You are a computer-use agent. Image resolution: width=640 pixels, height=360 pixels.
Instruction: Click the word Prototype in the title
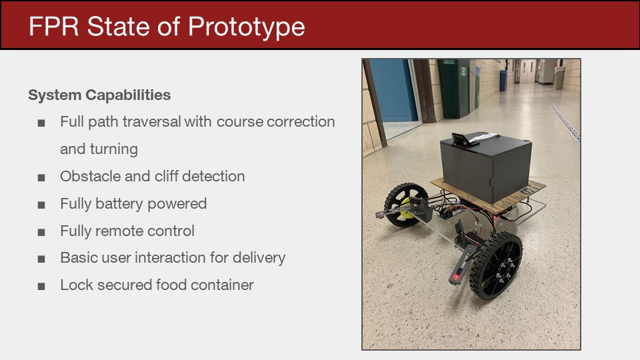246,27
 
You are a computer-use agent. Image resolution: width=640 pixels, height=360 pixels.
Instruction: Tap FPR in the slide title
53,27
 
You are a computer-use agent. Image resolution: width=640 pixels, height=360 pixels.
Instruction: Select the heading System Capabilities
99,95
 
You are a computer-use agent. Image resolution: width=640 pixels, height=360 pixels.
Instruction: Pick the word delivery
259,258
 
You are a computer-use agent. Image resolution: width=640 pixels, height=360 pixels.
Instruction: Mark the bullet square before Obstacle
41,177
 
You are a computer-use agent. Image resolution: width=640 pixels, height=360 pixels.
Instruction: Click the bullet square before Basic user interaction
41,259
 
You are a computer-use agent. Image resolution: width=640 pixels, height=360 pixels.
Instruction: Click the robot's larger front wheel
496,266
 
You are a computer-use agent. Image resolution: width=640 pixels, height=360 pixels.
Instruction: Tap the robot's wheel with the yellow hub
405,205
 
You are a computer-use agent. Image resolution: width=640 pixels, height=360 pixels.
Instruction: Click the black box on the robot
486,165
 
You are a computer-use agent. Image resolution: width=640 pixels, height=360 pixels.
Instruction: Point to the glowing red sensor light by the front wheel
455,277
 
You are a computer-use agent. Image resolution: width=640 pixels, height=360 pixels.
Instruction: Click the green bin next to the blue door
453,89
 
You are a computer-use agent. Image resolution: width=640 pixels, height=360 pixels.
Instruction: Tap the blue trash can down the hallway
503,81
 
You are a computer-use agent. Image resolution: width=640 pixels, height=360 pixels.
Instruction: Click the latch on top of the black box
465,139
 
